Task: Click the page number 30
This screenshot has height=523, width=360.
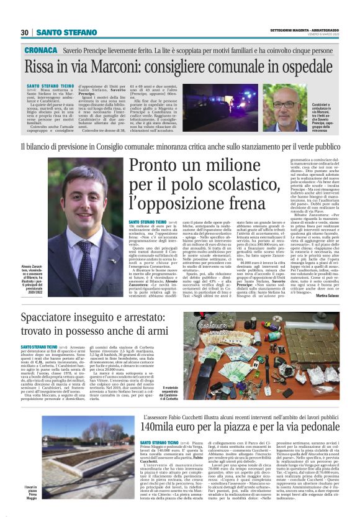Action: coord(25,32)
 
